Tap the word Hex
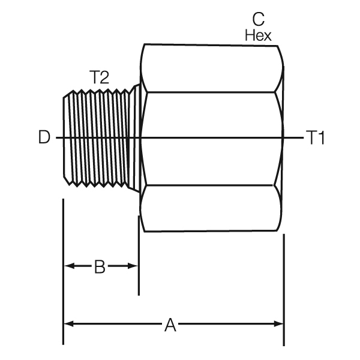[x=258, y=35]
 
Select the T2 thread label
[x=100, y=77]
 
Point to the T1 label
[x=316, y=139]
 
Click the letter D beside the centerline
[x=44, y=138]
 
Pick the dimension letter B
[x=100, y=266]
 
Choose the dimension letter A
[x=170, y=325]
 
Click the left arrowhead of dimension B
[x=68, y=266]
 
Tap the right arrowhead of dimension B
[x=133, y=266]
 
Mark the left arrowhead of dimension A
[x=68, y=324]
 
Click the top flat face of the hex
[x=210, y=67]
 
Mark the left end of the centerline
[x=58, y=139]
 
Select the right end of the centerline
[x=303, y=139]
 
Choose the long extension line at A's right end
[x=284, y=288]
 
